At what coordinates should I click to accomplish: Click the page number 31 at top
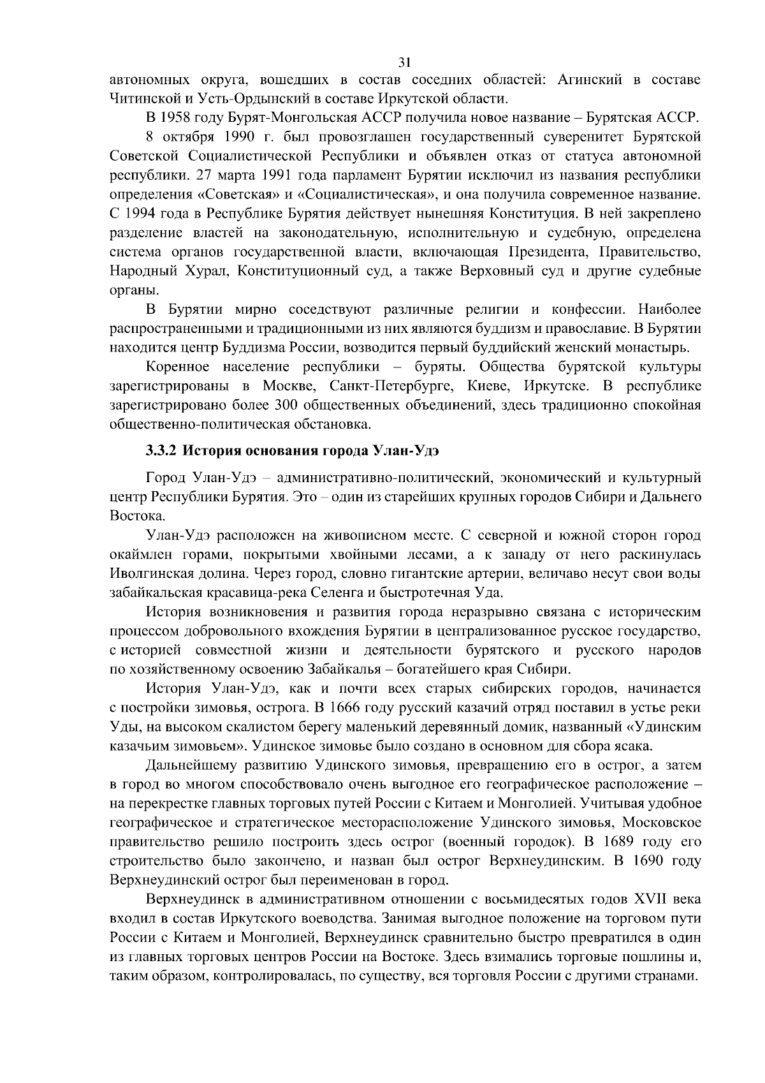[404, 62]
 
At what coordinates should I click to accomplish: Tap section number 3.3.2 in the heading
[161, 451]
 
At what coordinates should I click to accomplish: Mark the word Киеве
[486, 386]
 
